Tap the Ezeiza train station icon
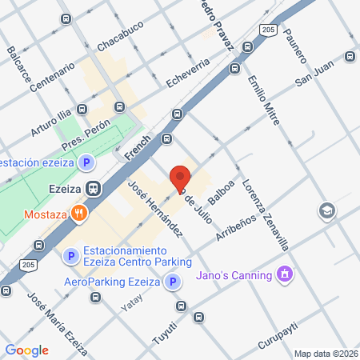tap(94, 190)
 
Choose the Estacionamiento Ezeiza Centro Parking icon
tap(71, 256)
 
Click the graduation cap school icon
tap(326, 210)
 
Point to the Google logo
tap(26, 350)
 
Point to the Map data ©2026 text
tap(325, 354)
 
